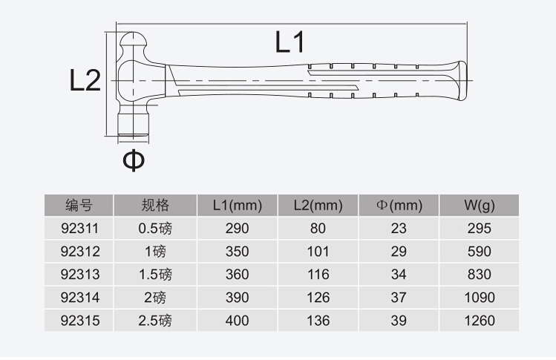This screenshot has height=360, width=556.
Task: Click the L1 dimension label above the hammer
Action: click(290, 42)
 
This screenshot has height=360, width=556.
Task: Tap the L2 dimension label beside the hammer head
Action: click(85, 80)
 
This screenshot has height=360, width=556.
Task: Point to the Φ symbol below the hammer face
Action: click(134, 160)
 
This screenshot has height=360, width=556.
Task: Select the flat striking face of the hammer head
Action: click(133, 136)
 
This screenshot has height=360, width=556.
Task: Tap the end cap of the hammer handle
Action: click(462, 81)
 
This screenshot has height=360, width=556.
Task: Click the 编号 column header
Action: click(79, 206)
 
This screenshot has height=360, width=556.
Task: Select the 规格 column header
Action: click(155, 206)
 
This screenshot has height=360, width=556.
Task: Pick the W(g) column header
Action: click(479, 206)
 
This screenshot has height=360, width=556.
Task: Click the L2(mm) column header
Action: click(318, 206)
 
